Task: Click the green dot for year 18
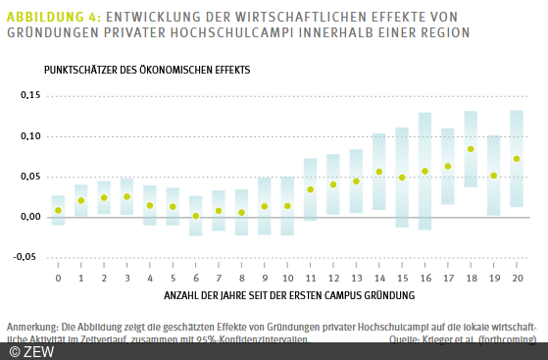tap(471, 149)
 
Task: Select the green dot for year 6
tap(196, 216)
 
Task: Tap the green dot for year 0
tap(59, 210)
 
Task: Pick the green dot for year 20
tap(517, 159)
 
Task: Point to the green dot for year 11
tap(311, 189)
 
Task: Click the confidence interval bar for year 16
tap(424, 171)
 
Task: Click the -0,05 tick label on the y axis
tap(29, 257)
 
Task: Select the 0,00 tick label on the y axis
tap(30, 217)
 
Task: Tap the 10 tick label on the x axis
tap(287, 279)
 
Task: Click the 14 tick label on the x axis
tap(379, 279)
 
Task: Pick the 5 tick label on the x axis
tap(173, 279)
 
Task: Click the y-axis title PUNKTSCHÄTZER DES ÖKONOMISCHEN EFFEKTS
tap(146, 72)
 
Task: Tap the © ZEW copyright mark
tap(25, 350)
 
